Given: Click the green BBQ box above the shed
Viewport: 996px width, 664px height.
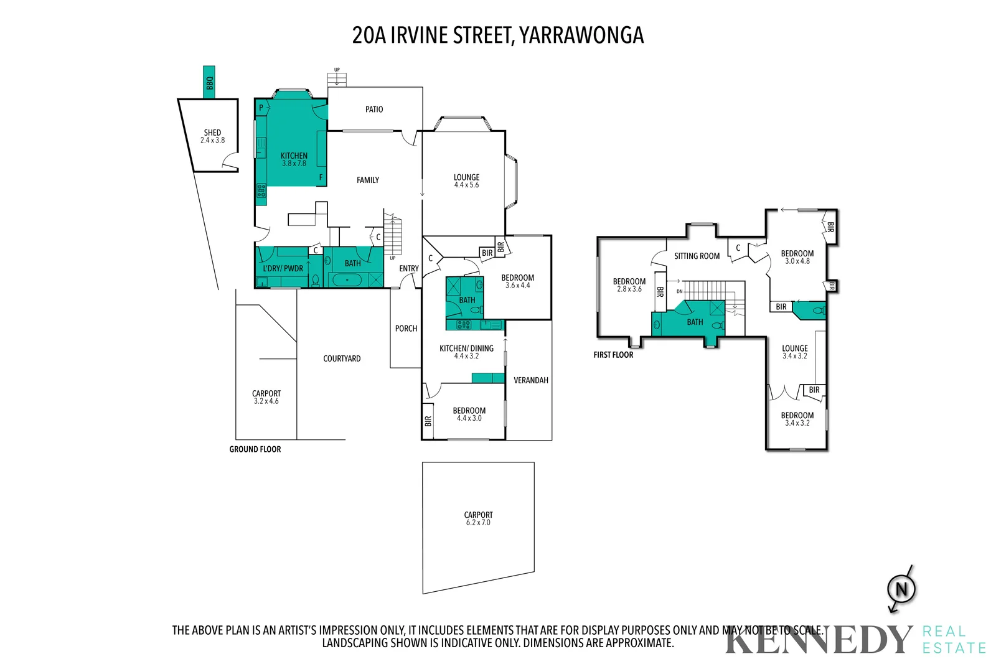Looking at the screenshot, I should click(x=209, y=82).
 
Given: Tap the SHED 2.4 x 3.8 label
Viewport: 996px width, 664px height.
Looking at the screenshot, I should click(x=212, y=136).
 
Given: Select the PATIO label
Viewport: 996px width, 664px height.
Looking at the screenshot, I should click(x=374, y=110).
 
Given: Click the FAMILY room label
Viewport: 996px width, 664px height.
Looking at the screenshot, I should click(x=368, y=180).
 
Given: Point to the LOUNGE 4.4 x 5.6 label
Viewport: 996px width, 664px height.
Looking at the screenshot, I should click(x=466, y=181).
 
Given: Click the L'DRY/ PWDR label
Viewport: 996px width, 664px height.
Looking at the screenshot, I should click(x=283, y=269).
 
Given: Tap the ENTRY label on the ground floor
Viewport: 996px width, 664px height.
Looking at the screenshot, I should click(x=409, y=269).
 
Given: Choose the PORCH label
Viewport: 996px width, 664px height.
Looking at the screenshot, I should click(x=406, y=329).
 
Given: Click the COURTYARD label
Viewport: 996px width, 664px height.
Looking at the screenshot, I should click(x=342, y=359).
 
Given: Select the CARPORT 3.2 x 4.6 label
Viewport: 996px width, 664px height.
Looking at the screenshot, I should click(x=266, y=397).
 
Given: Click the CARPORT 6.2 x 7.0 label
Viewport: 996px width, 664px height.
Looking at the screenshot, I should click(x=478, y=518).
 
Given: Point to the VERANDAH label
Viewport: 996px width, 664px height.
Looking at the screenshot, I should click(x=531, y=380).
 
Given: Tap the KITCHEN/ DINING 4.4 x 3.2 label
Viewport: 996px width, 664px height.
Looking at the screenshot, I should click(x=466, y=352).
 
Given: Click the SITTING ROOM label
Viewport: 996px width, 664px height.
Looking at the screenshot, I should click(x=697, y=256).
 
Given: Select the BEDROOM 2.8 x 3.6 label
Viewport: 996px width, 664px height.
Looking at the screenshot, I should click(x=629, y=285).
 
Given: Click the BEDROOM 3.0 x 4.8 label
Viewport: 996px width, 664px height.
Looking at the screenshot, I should click(x=797, y=257).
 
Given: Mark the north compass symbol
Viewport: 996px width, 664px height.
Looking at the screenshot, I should click(x=901, y=589).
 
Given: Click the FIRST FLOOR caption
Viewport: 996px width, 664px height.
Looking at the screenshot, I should click(x=613, y=355).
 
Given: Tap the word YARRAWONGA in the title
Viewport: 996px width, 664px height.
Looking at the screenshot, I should click(x=581, y=35).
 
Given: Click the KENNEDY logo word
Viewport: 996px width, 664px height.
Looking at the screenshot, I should click(x=817, y=640).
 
